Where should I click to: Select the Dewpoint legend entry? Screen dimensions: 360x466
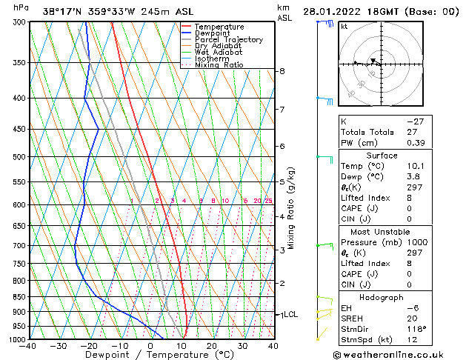point(216,33)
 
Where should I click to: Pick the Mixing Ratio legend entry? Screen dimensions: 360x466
point(219,65)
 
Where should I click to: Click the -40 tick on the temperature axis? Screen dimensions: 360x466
point(29,346)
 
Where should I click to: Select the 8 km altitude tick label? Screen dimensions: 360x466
point(282,71)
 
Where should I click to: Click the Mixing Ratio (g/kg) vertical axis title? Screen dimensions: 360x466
point(291,208)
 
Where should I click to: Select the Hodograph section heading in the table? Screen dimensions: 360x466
point(382,297)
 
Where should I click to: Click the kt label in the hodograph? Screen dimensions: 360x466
point(344,27)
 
